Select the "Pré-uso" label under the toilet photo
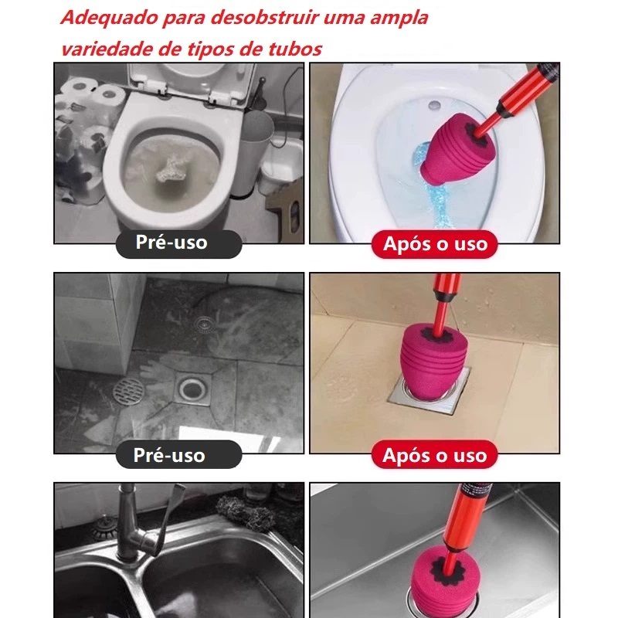pyautogui.click(x=171, y=243)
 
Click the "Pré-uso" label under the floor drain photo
pyautogui.click(x=169, y=455)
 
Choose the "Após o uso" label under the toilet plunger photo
pyautogui.click(x=435, y=243)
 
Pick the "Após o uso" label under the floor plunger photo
pyautogui.click(x=434, y=455)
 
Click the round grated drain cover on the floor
pyautogui.click(x=128, y=390)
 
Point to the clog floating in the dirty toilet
pyautogui.click(x=170, y=169)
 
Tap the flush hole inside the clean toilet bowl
pyautogui.click(x=434, y=105)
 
